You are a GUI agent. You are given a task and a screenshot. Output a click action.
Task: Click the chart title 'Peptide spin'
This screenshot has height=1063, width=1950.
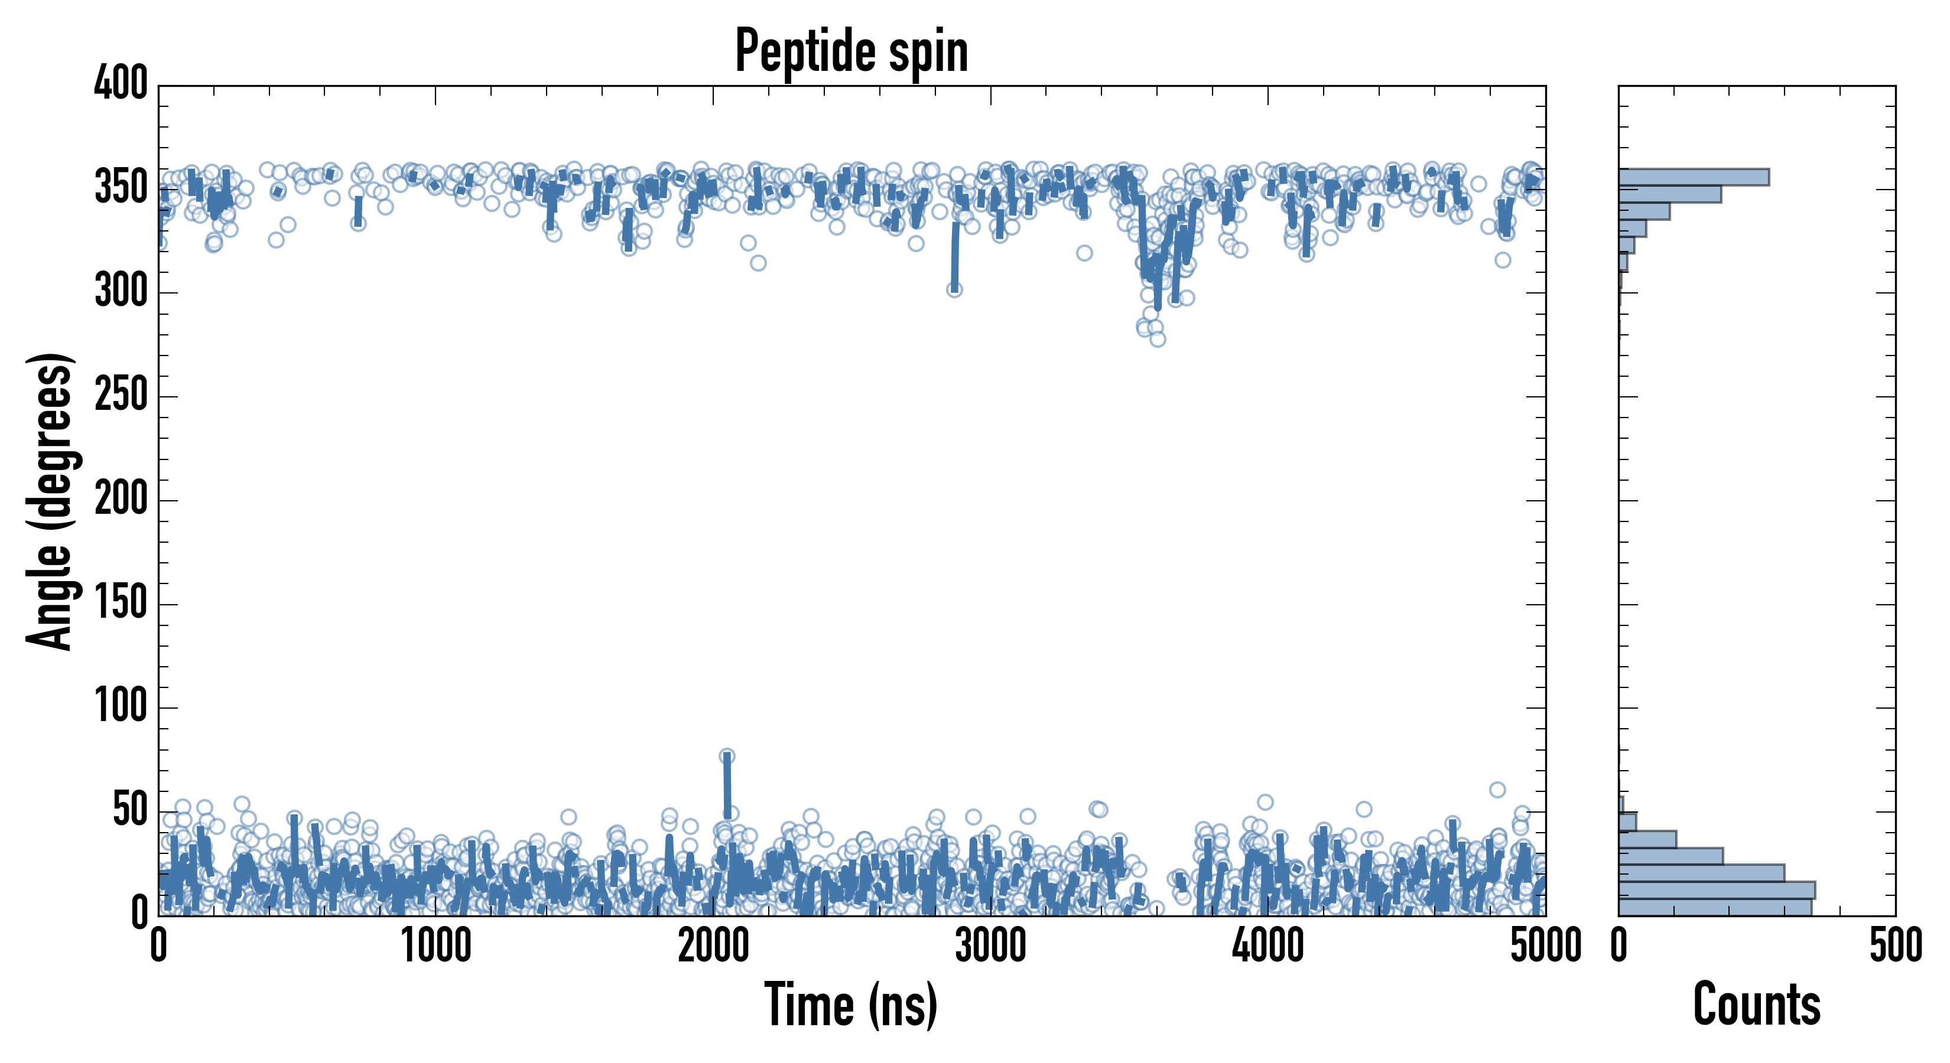click(851, 51)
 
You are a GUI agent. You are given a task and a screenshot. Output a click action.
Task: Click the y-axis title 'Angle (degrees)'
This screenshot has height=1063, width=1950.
click(50, 500)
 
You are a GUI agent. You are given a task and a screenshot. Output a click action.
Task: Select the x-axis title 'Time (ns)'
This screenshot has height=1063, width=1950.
click(851, 1005)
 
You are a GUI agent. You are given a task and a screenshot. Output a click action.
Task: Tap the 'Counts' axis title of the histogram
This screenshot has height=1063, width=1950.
click(1756, 1005)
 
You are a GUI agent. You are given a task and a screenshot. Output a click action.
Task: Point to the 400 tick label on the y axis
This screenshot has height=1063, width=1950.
click(121, 83)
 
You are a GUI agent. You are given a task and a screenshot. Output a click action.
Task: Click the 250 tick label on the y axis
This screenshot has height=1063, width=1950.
click(121, 396)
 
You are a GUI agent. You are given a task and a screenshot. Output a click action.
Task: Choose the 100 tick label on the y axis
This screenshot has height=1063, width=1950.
click(121, 707)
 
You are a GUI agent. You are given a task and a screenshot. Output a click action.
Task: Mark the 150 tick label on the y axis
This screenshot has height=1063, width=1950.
click(121, 604)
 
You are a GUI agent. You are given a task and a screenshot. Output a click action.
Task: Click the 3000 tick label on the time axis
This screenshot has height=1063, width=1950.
click(990, 945)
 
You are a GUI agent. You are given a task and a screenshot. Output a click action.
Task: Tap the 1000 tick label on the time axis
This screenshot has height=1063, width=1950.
click(436, 945)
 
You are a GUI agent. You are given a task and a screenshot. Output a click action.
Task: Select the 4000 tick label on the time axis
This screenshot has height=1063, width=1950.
click(1268, 945)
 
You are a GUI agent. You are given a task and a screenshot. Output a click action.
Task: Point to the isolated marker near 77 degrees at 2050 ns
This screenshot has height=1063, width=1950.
click(727, 756)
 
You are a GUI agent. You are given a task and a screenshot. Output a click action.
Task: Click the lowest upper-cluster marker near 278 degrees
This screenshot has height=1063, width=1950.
click(1158, 339)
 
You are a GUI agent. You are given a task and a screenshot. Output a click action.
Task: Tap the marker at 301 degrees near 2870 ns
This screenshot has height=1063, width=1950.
click(954, 289)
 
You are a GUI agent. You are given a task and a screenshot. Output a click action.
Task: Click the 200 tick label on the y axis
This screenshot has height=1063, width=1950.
click(121, 500)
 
